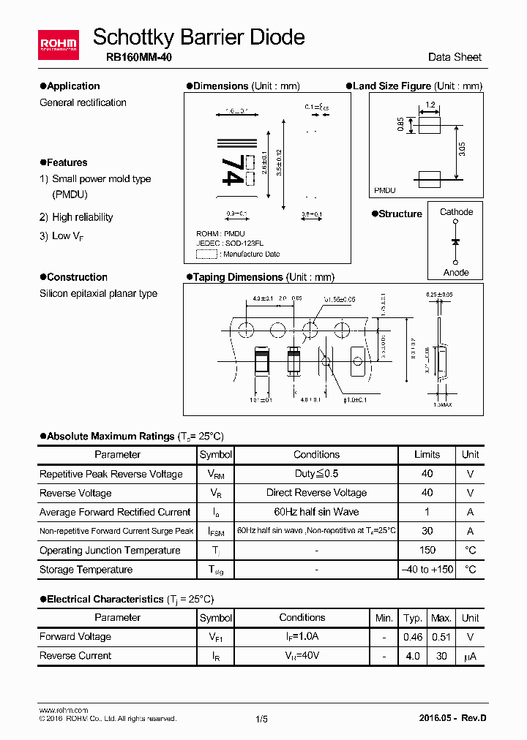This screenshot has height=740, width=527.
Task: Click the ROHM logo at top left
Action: [59, 45]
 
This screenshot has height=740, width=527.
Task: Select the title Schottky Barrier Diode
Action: [199, 37]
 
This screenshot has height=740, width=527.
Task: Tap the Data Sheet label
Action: [455, 57]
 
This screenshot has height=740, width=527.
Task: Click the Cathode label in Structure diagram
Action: [456, 212]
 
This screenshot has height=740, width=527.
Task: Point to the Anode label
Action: [456, 273]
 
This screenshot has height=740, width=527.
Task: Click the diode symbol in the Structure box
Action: [456, 241]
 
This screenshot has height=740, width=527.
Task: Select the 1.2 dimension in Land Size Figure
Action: [430, 105]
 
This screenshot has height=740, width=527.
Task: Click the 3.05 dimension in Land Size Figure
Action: [462, 150]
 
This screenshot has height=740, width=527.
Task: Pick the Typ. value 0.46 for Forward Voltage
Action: [413, 637]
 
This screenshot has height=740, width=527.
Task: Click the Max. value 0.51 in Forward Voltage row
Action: [441, 637]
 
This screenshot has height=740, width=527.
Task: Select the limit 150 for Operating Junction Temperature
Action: [427, 551]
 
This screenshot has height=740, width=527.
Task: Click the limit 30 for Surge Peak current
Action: [427, 532]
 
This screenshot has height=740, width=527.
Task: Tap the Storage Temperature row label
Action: [86, 570]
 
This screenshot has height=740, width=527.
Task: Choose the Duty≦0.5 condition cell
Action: [316, 474]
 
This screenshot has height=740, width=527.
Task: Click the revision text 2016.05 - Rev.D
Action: [453, 718]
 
